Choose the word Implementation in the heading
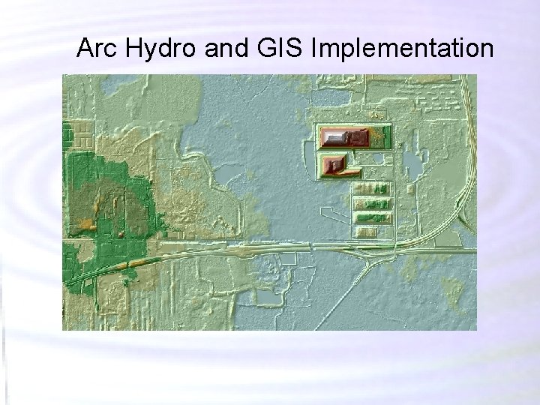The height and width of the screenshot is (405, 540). [x=402, y=49]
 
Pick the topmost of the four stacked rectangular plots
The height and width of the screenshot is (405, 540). [x=373, y=189]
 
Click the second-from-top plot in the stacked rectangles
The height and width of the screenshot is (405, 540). [x=373, y=203]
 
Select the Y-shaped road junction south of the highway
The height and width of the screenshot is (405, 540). [x=370, y=259]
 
